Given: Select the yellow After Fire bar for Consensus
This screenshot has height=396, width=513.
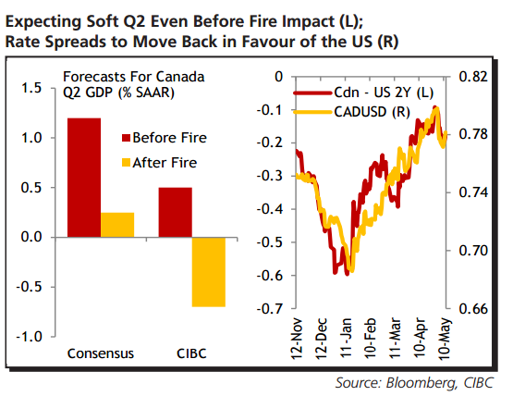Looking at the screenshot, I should [x=117, y=225].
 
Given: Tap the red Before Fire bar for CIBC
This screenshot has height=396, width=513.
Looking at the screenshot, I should [x=176, y=212].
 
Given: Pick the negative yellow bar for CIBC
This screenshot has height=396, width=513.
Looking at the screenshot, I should [x=209, y=271].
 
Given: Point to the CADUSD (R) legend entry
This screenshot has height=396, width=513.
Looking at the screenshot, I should [x=356, y=112].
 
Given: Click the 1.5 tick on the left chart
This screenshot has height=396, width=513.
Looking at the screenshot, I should [x=31, y=88].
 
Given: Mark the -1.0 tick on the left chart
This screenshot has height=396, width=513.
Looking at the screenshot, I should [x=30, y=336].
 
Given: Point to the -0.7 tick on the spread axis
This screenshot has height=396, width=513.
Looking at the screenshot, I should [x=270, y=308].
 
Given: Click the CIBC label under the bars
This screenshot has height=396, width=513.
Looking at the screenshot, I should [x=192, y=353].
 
